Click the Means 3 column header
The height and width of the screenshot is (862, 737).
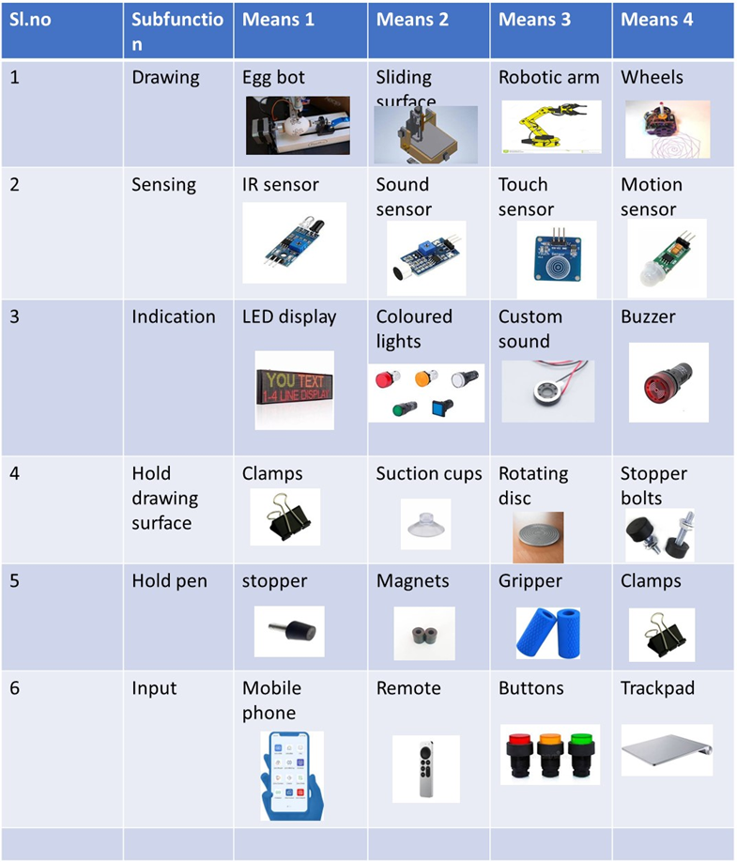tap(534, 20)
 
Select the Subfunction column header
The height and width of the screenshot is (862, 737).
tap(177, 31)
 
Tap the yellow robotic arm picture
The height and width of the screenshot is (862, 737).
tap(549, 127)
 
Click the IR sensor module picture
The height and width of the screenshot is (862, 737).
tap(294, 242)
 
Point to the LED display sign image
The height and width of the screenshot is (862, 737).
tap(294, 391)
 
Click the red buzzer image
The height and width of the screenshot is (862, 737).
tap(668, 382)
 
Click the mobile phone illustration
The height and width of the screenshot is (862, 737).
tap(292, 776)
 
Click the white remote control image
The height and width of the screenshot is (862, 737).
tap(425, 767)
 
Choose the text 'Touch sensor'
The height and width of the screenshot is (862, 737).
tap(526, 196)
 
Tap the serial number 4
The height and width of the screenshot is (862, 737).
tap(15, 473)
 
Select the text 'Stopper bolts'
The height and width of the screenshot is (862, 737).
tap(653, 485)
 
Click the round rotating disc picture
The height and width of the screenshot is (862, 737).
tap(538, 536)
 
